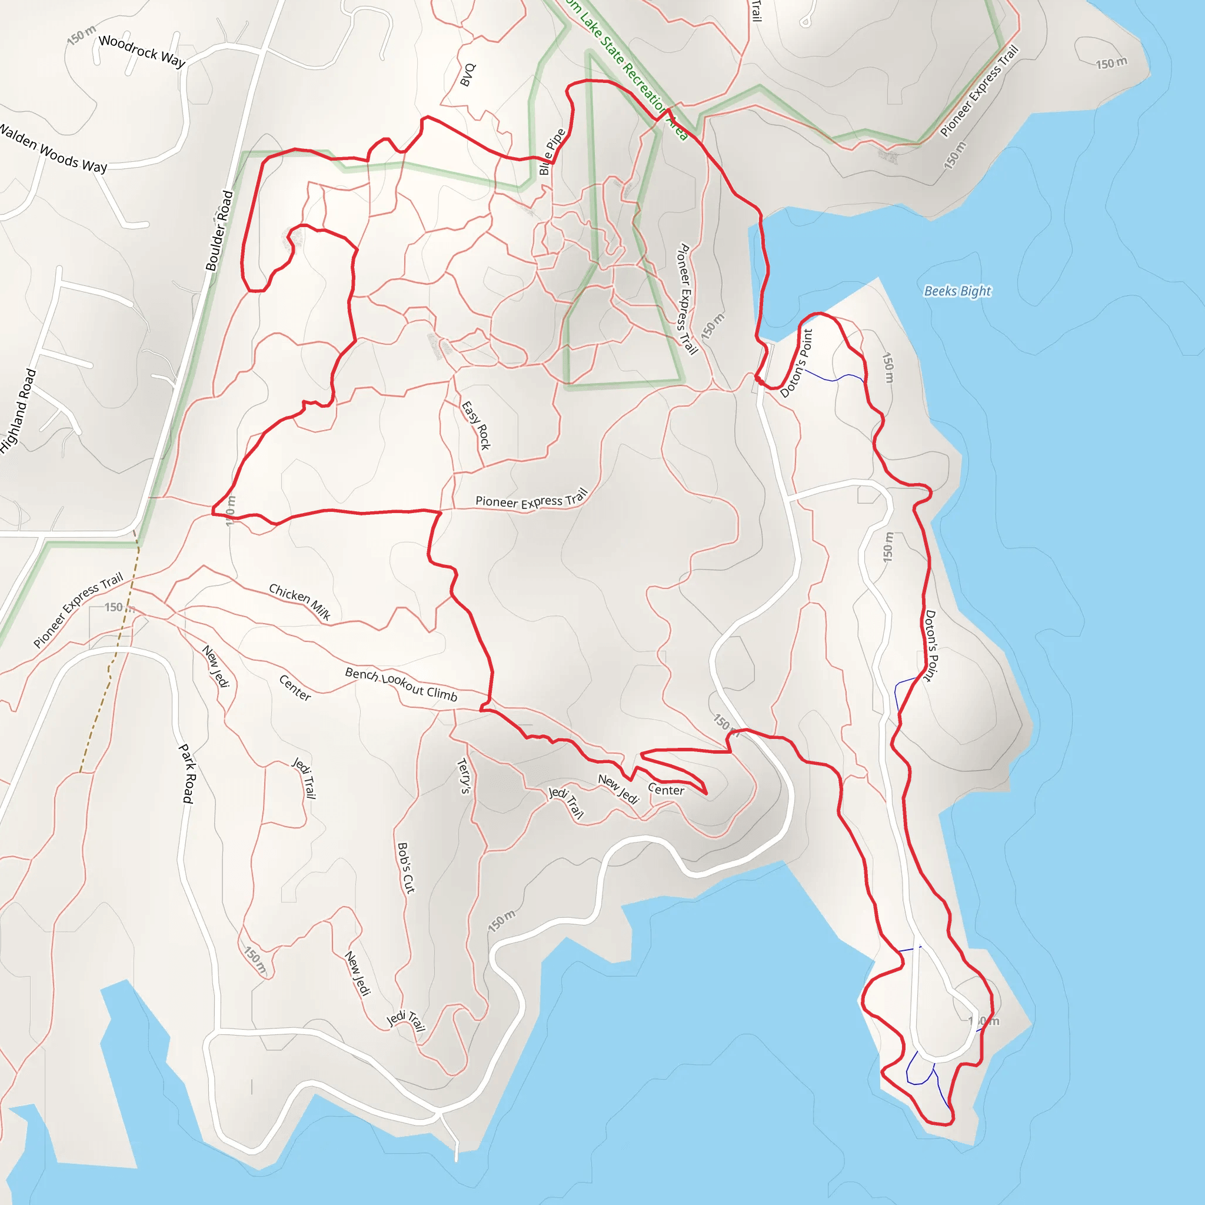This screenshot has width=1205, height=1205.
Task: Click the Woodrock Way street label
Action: (x=142, y=51)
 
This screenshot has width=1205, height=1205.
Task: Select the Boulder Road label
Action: (x=219, y=231)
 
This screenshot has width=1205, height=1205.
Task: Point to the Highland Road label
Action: (x=18, y=411)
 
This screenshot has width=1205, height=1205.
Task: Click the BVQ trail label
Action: (x=468, y=75)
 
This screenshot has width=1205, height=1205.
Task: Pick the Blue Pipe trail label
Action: (x=552, y=152)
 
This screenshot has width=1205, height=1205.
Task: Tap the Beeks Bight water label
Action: (x=957, y=291)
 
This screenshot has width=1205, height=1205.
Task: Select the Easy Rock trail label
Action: (x=476, y=425)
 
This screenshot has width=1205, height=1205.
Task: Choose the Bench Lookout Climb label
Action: (x=401, y=684)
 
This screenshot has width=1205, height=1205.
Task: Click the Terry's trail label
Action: (x=464, y=776)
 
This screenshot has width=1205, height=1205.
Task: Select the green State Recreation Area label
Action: (x=627, y=69)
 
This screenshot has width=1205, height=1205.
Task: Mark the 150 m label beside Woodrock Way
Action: (x=82, y=35)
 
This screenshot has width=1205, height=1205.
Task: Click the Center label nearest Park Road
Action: (x=295, y=687)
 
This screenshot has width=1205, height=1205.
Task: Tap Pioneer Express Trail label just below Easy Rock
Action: (x=531, y=500)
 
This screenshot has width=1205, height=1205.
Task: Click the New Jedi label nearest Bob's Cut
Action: (x=358, y=973)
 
